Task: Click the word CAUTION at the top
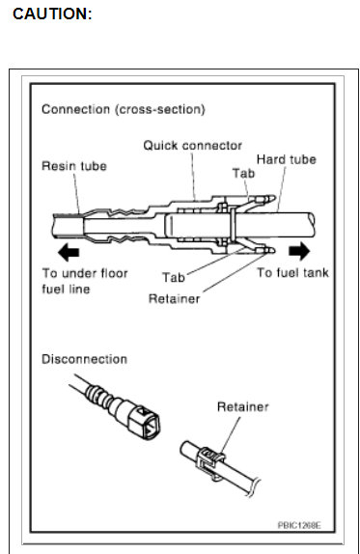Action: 52,14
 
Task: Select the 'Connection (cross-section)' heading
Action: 123,109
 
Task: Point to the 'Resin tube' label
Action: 73,166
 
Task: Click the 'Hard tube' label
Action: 286,158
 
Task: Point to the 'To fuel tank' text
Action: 292,273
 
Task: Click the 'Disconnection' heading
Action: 84,359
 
